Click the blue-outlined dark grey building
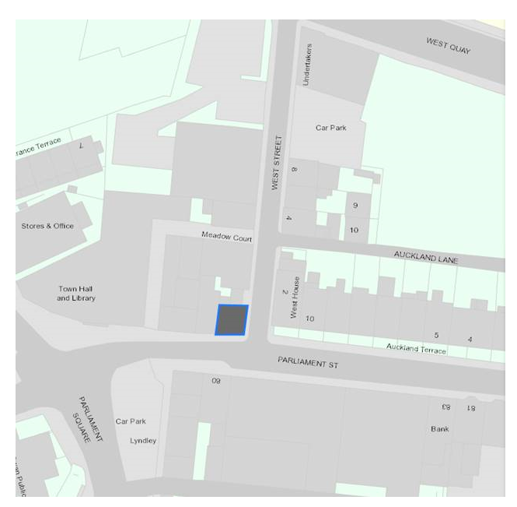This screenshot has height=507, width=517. [232, 320]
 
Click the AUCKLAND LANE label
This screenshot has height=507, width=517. [425, 256]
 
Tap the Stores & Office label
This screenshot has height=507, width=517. [47, 226]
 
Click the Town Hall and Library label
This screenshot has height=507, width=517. [76, 294]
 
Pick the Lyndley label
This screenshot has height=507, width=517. [143, 441]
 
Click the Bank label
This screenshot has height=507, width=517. [440, 429]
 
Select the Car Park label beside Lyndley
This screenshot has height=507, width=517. [131, 421]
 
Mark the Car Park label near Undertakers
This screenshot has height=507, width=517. [330, 128]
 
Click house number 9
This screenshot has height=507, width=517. [355, 206]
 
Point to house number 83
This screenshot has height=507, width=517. [445, 407]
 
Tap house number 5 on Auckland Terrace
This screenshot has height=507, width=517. [436, 336]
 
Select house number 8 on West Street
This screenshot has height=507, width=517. [294, 170]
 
